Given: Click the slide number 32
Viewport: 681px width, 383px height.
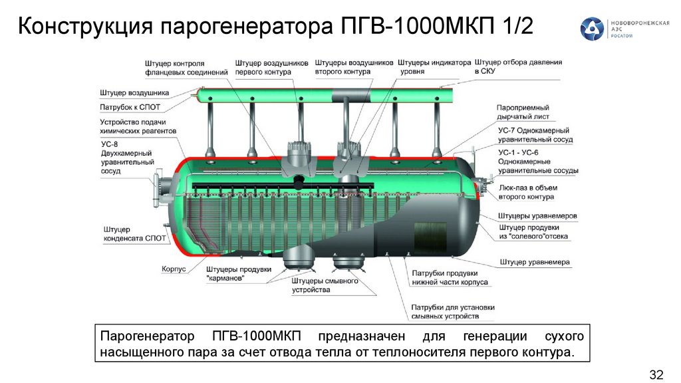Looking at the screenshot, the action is (x=656, y=374).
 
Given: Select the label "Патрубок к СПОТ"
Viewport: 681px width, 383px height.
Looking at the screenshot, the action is (x=130, y=106).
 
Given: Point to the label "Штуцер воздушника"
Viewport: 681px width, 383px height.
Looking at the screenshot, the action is (x=134, y=92).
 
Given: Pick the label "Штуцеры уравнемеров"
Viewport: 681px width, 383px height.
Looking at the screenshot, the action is (x=537, y=217).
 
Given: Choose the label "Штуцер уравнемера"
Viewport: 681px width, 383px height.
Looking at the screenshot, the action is (x=535, y=262).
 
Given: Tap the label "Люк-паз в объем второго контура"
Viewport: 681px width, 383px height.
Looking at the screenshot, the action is (x=526, y=193).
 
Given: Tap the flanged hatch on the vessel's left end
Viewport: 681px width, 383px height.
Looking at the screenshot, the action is (x=160, y=189).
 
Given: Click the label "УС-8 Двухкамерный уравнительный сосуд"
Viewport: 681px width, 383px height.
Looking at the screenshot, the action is (x=128, y=157).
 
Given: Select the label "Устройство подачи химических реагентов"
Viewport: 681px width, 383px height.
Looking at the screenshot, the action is (x=138, y=127).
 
